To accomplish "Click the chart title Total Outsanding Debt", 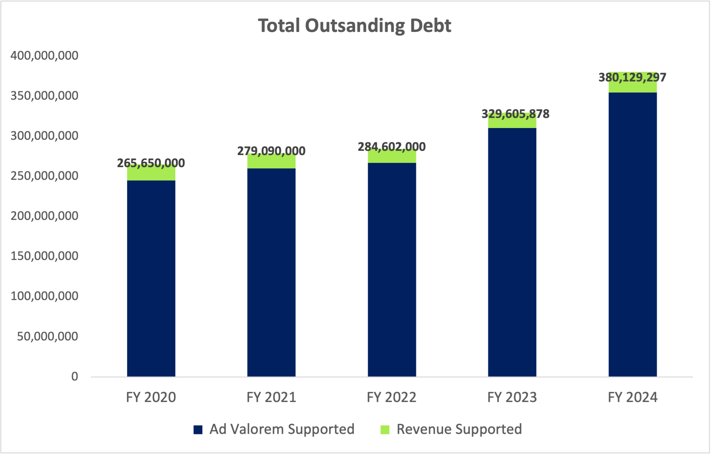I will [x=354, y=26].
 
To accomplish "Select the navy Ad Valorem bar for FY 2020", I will [x=151, y=278].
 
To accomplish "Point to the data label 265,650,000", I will [x=151, y=163].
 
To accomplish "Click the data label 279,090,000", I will [x=271, y=151].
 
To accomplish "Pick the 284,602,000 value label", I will [x=392, y=147].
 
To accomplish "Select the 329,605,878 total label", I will [x=515, y=114].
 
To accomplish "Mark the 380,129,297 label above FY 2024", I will [x=632, y=78].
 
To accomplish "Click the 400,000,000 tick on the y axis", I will [x=44, y=55].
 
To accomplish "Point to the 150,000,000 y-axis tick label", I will [x=44, y=256].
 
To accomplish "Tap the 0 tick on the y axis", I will [x=75, y=377].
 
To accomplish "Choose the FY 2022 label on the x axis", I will [x=392, y=397].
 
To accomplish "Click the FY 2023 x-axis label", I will [x=512, y=397].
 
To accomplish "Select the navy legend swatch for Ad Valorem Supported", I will [x=198, y=430].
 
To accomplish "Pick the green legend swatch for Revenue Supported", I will [x=385, y=430].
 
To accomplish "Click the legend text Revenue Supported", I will [x=459, y=429].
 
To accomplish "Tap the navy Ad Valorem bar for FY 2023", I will [x=512, y=252].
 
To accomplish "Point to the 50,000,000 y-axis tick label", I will [x=48, y=336].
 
